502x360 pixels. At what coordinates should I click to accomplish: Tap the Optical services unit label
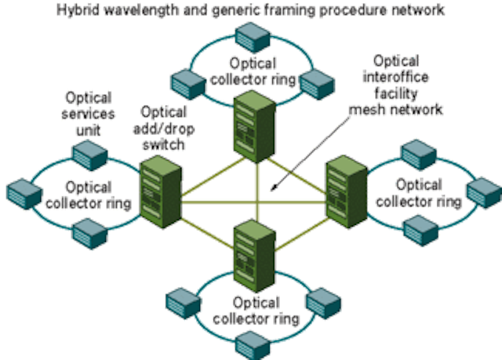point(88,114)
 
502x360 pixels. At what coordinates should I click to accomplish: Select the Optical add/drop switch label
point(164,129)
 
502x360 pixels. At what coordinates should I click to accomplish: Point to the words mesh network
point(395,110)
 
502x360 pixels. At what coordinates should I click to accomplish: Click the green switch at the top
point(255,126)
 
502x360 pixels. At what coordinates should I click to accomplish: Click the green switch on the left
point(161,191)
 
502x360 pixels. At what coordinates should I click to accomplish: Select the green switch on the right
point(347,191)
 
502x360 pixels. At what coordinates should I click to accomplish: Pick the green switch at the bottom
point(255,256)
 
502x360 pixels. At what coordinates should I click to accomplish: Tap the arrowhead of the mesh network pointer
point(273,189)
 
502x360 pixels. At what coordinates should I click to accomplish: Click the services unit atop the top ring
point(253,37)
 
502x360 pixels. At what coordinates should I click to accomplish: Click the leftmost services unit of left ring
point(24,194)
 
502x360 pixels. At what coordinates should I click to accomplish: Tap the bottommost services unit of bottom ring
point(253,346)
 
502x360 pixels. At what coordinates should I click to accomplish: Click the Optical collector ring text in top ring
point(253,71)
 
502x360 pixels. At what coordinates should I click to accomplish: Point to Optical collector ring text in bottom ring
point(256,311)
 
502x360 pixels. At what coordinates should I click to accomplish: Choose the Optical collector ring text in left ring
point(89,195)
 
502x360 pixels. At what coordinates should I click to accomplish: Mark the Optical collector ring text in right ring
point(419,193)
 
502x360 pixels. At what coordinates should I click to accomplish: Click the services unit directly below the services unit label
point(90,155)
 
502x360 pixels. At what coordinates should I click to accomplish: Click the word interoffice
point(395,77)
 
